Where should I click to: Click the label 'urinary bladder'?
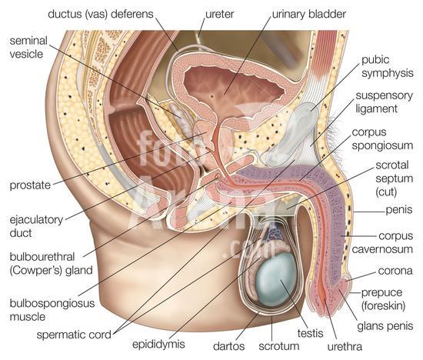coord(309,15)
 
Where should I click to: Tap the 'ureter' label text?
coord(220,15)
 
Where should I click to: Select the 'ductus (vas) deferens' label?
coord(100,14)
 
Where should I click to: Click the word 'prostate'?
coord(30,185)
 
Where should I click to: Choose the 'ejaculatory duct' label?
coord(36,226)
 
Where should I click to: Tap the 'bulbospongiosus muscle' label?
coord(52,310)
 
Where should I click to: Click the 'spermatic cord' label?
coord(74,335)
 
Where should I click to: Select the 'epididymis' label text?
coord(158,345)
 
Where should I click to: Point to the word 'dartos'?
coord(228,346)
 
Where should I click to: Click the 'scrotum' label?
coord(279,346)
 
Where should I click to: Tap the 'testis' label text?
coord(310,333)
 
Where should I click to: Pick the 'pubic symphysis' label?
coord(388,67)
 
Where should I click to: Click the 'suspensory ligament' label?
coord(384,102)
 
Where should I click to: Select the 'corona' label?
coord(395,271)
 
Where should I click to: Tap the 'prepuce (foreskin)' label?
coord(383,299)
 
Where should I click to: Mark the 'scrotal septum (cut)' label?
coord(394,178)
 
